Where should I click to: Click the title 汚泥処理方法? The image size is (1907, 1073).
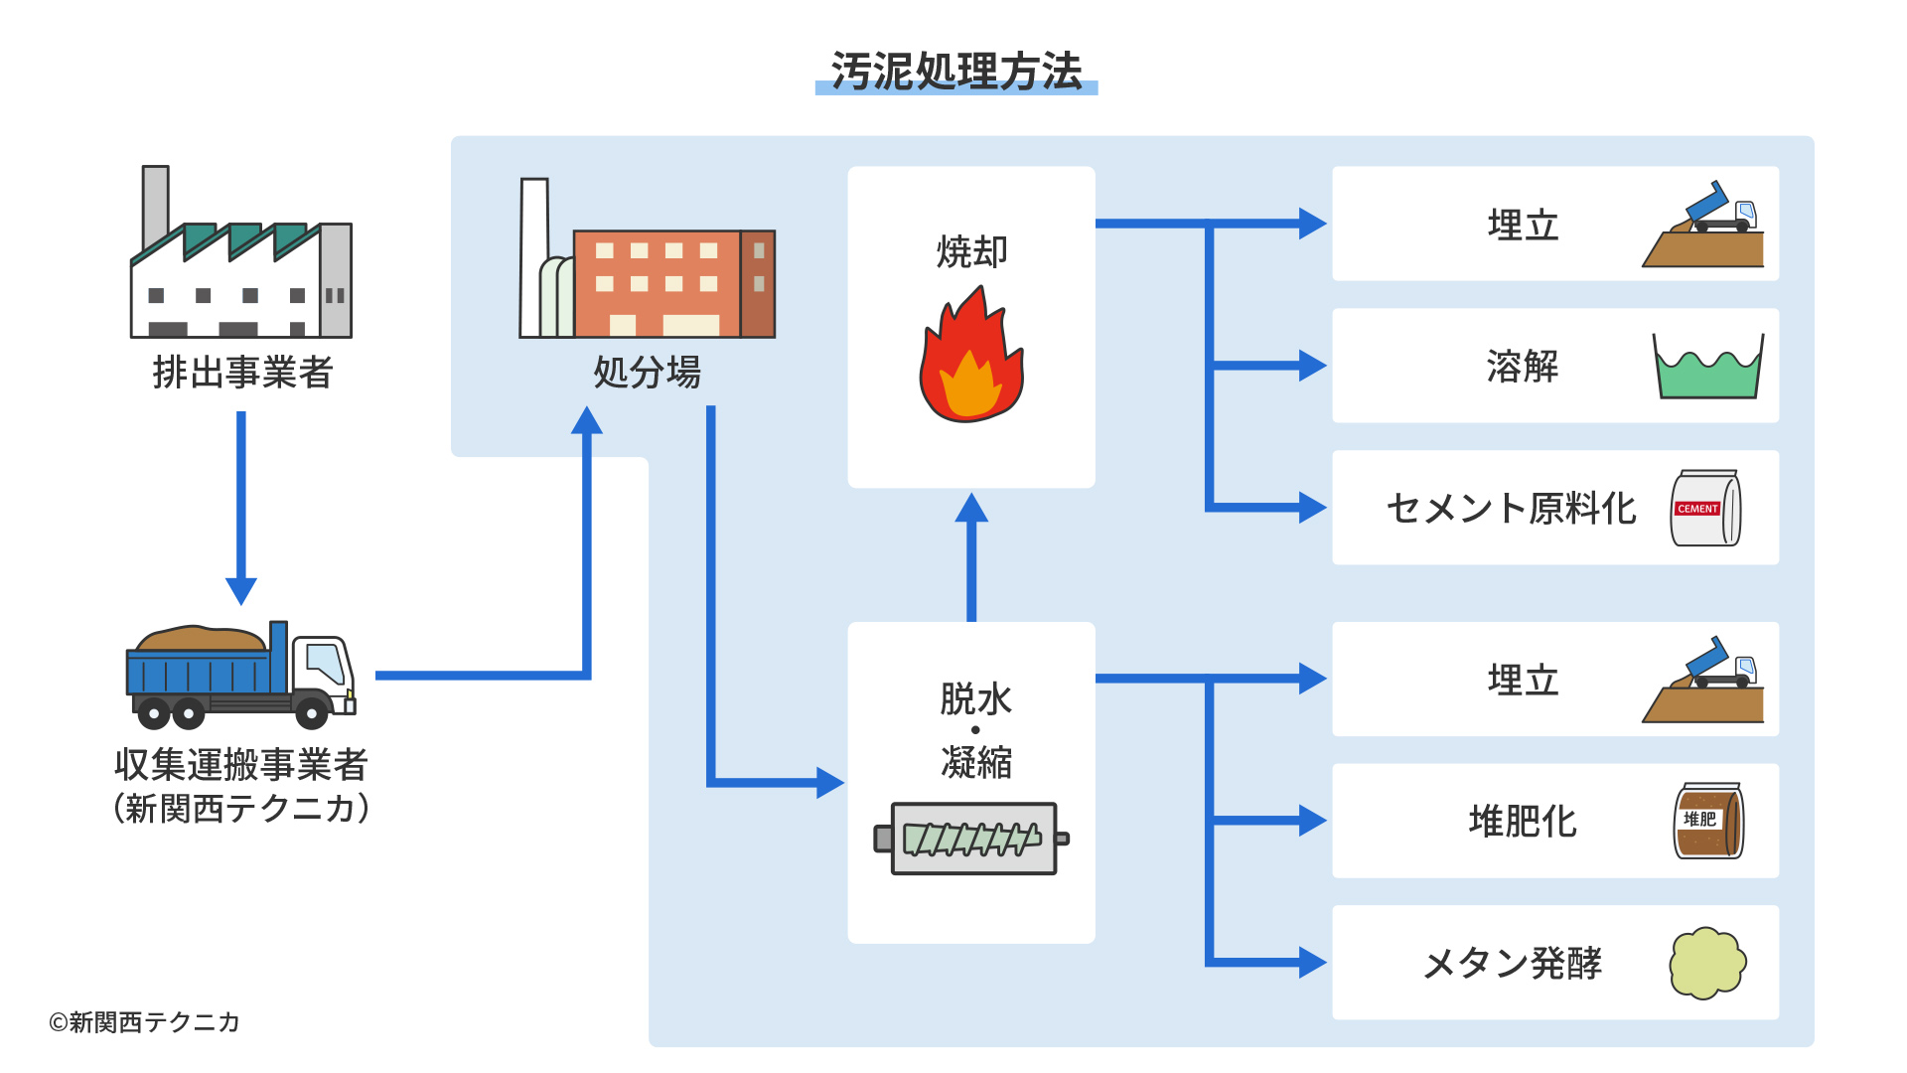pos(955,72)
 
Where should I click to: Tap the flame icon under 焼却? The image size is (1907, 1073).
pos(970,358)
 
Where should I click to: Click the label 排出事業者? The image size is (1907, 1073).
pos(242,373)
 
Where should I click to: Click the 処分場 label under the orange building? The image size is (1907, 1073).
pos(647,373)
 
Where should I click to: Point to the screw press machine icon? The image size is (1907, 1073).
pos(971,839)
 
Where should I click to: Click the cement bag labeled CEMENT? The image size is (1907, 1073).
pos(1705,509)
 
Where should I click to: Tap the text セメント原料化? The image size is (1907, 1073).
pos(1511,508)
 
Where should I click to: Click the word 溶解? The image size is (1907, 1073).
pos(1523,367)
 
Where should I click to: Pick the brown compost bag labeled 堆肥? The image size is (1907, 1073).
pos(1708,821)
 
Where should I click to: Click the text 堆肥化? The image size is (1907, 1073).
pos(1523,822)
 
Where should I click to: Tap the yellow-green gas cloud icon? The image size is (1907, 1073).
pos(1707,963)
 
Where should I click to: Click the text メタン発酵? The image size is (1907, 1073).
pos(1512,963)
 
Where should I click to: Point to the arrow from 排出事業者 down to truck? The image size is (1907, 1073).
pos(241,507)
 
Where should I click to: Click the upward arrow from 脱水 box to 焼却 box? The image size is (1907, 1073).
pos(971,556)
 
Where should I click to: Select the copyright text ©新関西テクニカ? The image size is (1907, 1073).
pos(144,1022)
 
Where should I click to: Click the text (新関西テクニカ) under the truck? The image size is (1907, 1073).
pos(241,808)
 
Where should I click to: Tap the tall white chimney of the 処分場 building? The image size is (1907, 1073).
pos(534,253)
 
